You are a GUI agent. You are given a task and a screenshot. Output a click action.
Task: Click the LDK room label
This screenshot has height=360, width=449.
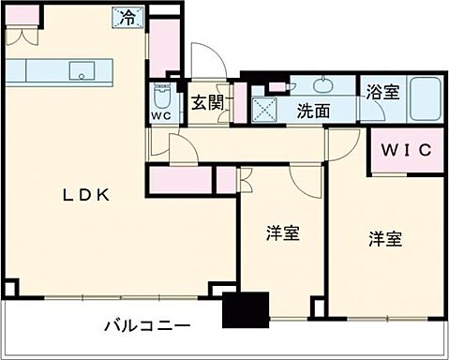pyautogui.click(x=86, y=196)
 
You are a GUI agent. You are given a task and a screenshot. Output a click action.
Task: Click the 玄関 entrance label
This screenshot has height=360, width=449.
pyautogui.click(x=207, y=104)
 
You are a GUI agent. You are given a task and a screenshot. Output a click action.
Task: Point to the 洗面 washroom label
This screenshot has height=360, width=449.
pyautogui.click(x=314, y=111)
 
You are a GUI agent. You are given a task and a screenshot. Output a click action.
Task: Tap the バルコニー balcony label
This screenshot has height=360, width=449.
pyautogui.click(x=147, y=327)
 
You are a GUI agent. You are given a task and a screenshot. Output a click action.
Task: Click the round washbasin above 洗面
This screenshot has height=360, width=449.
pyautogui.click(x=323, y=84)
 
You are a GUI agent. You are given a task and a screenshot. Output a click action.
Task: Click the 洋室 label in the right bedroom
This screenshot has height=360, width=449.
pyautogui.click(x=384, y=238)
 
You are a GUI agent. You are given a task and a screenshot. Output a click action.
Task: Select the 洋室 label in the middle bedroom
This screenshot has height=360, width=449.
pyautogui.click(x=282, y=233)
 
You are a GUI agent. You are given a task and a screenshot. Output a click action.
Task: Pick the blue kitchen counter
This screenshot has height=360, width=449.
pyautogui.click(x=59, y=71)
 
